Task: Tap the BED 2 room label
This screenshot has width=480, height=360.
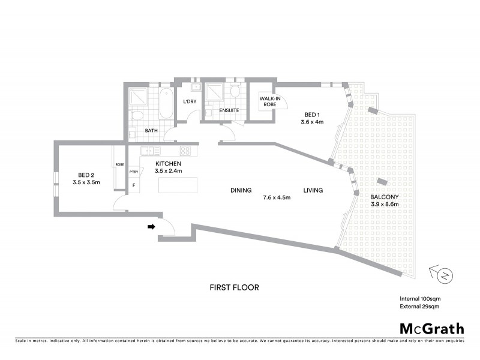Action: (85, 175)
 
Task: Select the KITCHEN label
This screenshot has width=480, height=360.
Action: (169, 164)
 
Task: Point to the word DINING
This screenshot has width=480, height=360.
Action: (241, 191)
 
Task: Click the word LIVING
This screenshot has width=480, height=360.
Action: (313, 191)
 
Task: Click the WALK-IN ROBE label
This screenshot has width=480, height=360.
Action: (267, 102)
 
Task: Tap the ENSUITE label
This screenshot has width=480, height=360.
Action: (229, 110)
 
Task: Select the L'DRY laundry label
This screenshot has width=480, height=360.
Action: (190, 101)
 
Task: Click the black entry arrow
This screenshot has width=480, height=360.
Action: (152, 227)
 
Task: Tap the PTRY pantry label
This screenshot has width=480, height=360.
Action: (133, 172)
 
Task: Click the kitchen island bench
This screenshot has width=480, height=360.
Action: (178, 185)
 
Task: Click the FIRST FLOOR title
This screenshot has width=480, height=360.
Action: (234, 287)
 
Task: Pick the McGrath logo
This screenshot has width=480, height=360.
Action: (431, 328)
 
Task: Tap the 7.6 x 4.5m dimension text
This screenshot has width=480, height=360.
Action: (277, 197)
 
